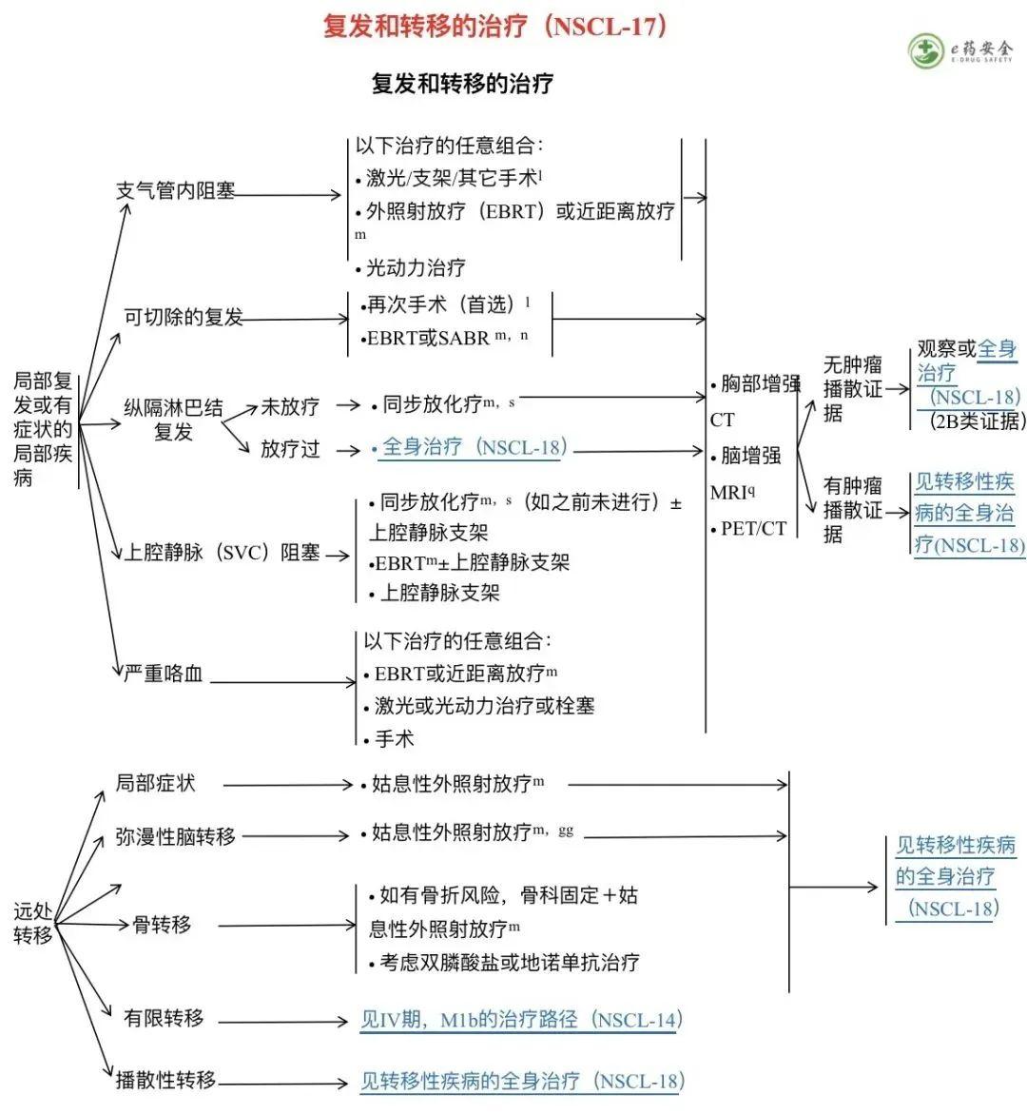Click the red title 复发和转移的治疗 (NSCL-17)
(x=495, y=26)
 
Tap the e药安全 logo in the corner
(x=961, y=50)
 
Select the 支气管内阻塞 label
(x=175, y=191)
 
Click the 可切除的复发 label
(x=184, y=317)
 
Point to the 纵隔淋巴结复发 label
(x=173, y=420)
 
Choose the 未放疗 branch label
(x=290, y=407)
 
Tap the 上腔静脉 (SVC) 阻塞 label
(x=222, y=553)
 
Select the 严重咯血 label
(x=163, y=674)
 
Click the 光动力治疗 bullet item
(x=416, y=268)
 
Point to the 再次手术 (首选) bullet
(x=442, y=305)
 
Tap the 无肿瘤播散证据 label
(x=852, y=388)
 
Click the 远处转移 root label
(x=33, y=923)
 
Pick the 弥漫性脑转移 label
(x=175, y=837)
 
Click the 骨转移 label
(x=162, y=925)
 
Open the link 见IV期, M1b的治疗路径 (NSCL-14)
(x=520, y=1021)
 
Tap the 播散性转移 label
(x=165, y=1080)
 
